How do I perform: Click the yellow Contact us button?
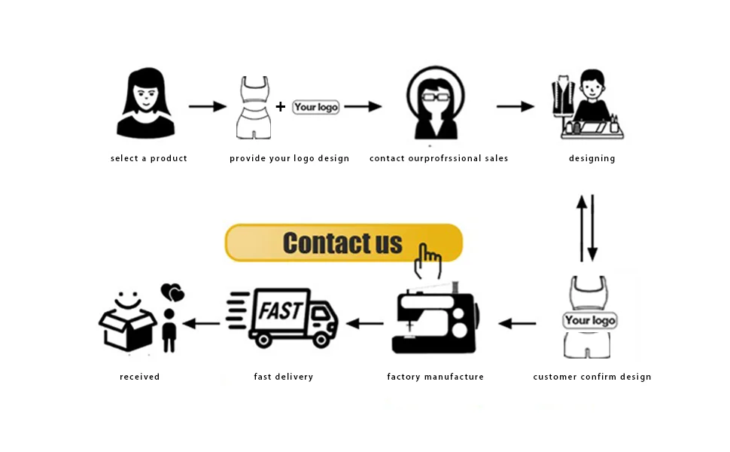pyautogui.click(x=342, y=243)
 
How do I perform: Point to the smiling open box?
pyautogui.click(x=127, y=323)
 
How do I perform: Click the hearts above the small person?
pyautogui.click(x=172, y=292)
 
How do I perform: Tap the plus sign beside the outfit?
pyautogui.click(x=281, y=107)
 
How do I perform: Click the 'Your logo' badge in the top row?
pyautogui.click(x=316, y=107)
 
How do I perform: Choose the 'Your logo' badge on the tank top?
pyautogui.click(x=590, y=320)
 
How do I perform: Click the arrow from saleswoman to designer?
pyautogui.click(x=515, y=107)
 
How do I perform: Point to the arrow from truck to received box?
pyautogui.click(x=202, y=324)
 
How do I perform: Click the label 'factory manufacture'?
pyautogui.click(x=435, y=377)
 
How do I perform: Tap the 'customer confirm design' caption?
pyautogui.click(x=592, y=377)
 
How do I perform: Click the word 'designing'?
pyautogui.click(x=592, y=158)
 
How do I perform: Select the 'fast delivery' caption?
pyautogui.click(x=284, y=377)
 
